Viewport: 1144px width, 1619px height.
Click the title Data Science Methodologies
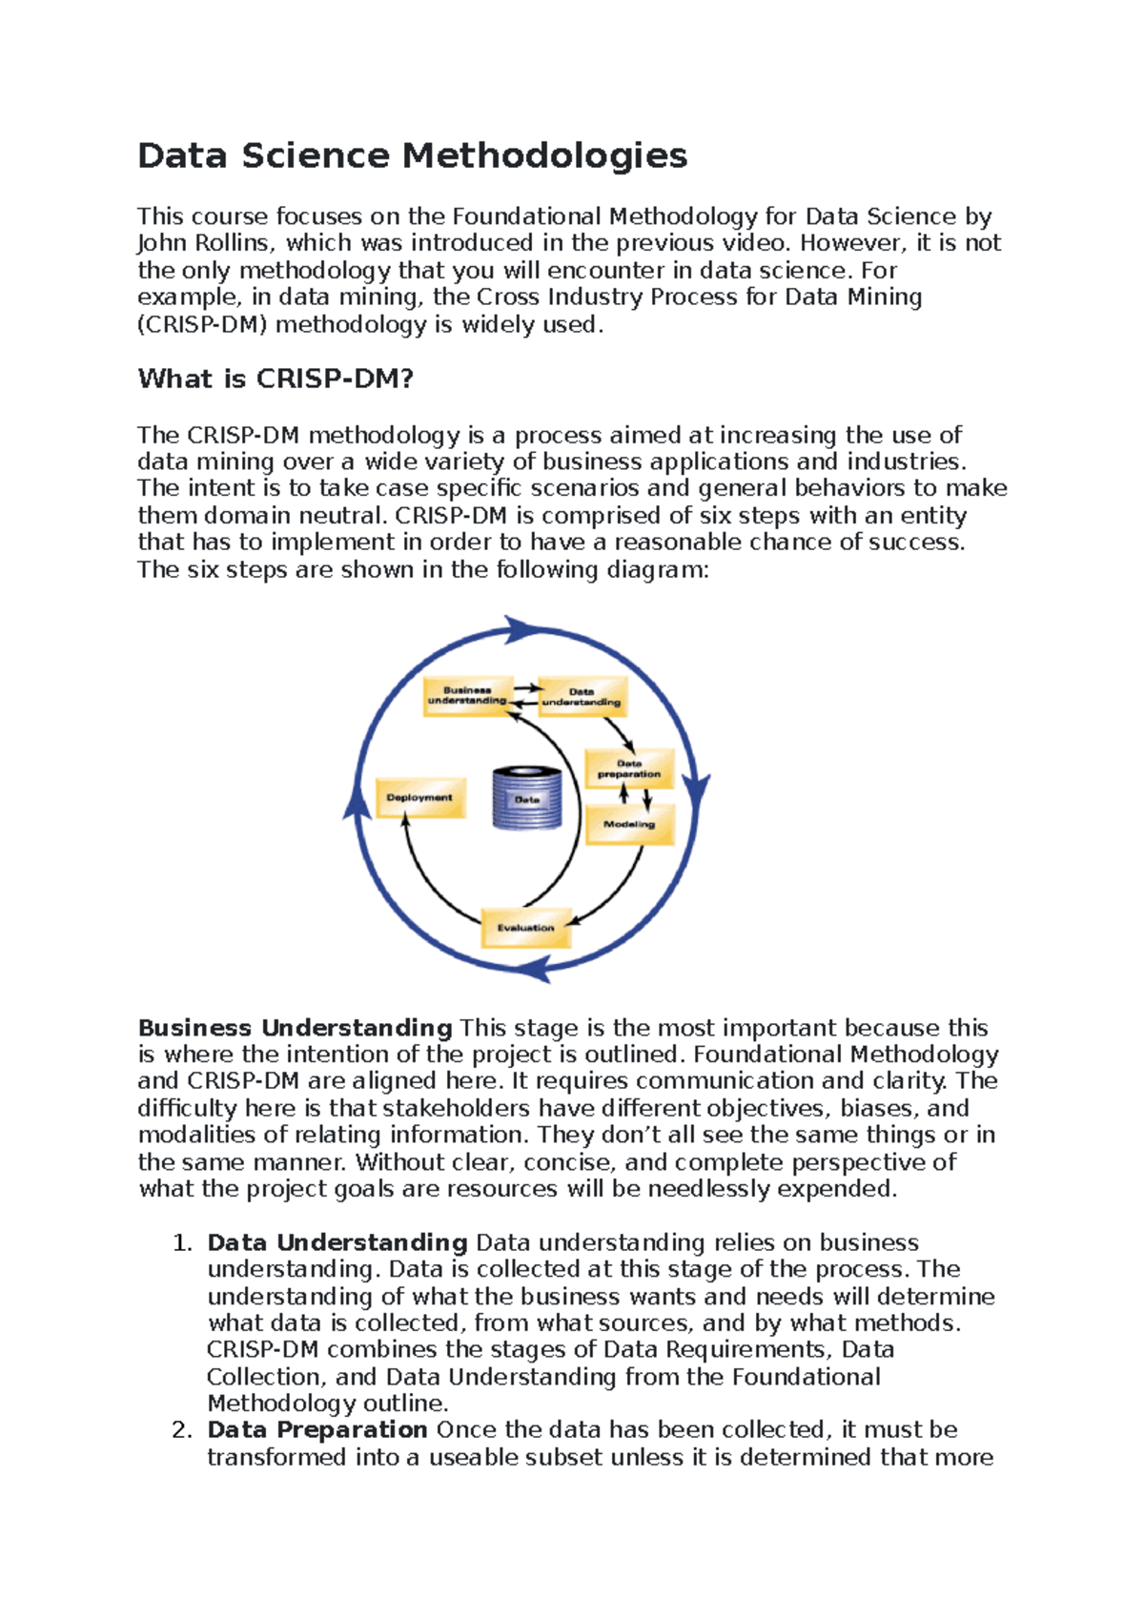click(x=412, y=155)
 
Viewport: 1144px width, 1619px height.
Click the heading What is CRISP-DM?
click(x=276, y=379)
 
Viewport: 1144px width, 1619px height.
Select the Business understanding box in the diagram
click(x=467, y=696)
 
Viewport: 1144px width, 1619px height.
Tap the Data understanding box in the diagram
click(x=582, y=697)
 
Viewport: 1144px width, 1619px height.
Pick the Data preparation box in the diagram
click(x=629, y=769)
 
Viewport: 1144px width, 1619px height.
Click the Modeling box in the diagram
click(x=629, y=825)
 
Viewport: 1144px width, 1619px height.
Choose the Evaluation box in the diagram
click(x=525, y=928)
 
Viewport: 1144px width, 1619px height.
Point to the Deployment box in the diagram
click(x=420, y=798)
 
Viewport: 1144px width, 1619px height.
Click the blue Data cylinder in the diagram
click(x=527, y=798)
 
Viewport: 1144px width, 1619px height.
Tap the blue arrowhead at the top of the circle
click(x=521, y=629)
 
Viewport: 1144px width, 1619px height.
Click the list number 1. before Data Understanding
click(x=182, y=1243)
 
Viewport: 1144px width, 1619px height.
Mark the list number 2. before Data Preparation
click(x=182, y=1430)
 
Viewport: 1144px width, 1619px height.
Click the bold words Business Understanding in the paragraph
click(x=295, y=1028)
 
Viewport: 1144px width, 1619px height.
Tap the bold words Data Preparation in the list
click(x=317, y=1430)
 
